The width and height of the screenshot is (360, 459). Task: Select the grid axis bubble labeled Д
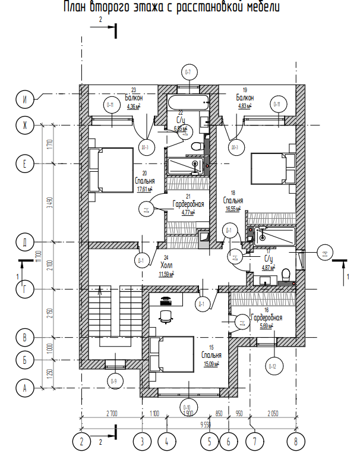click(25, 242)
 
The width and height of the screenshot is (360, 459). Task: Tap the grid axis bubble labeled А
click(25, 388)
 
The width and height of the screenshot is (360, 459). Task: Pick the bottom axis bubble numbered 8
click(295, 441)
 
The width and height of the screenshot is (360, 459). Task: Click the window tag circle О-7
click(188, 73)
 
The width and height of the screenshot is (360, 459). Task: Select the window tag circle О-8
click(324, 254)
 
